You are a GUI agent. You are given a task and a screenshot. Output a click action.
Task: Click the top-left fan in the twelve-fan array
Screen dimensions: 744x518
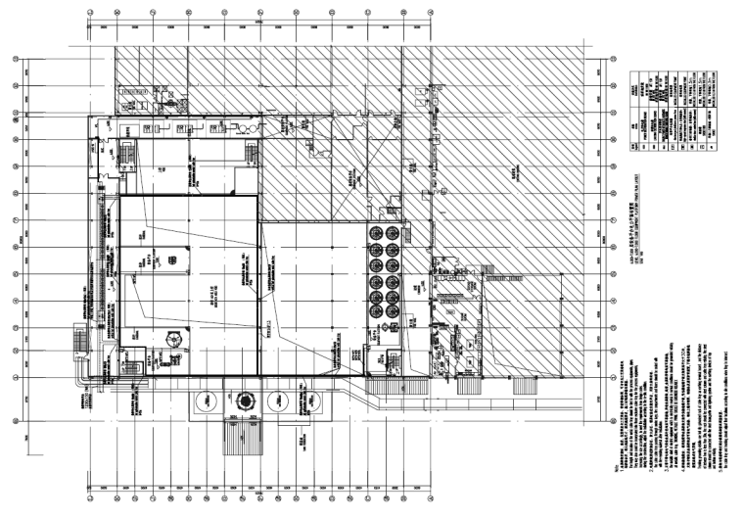point(375,231)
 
